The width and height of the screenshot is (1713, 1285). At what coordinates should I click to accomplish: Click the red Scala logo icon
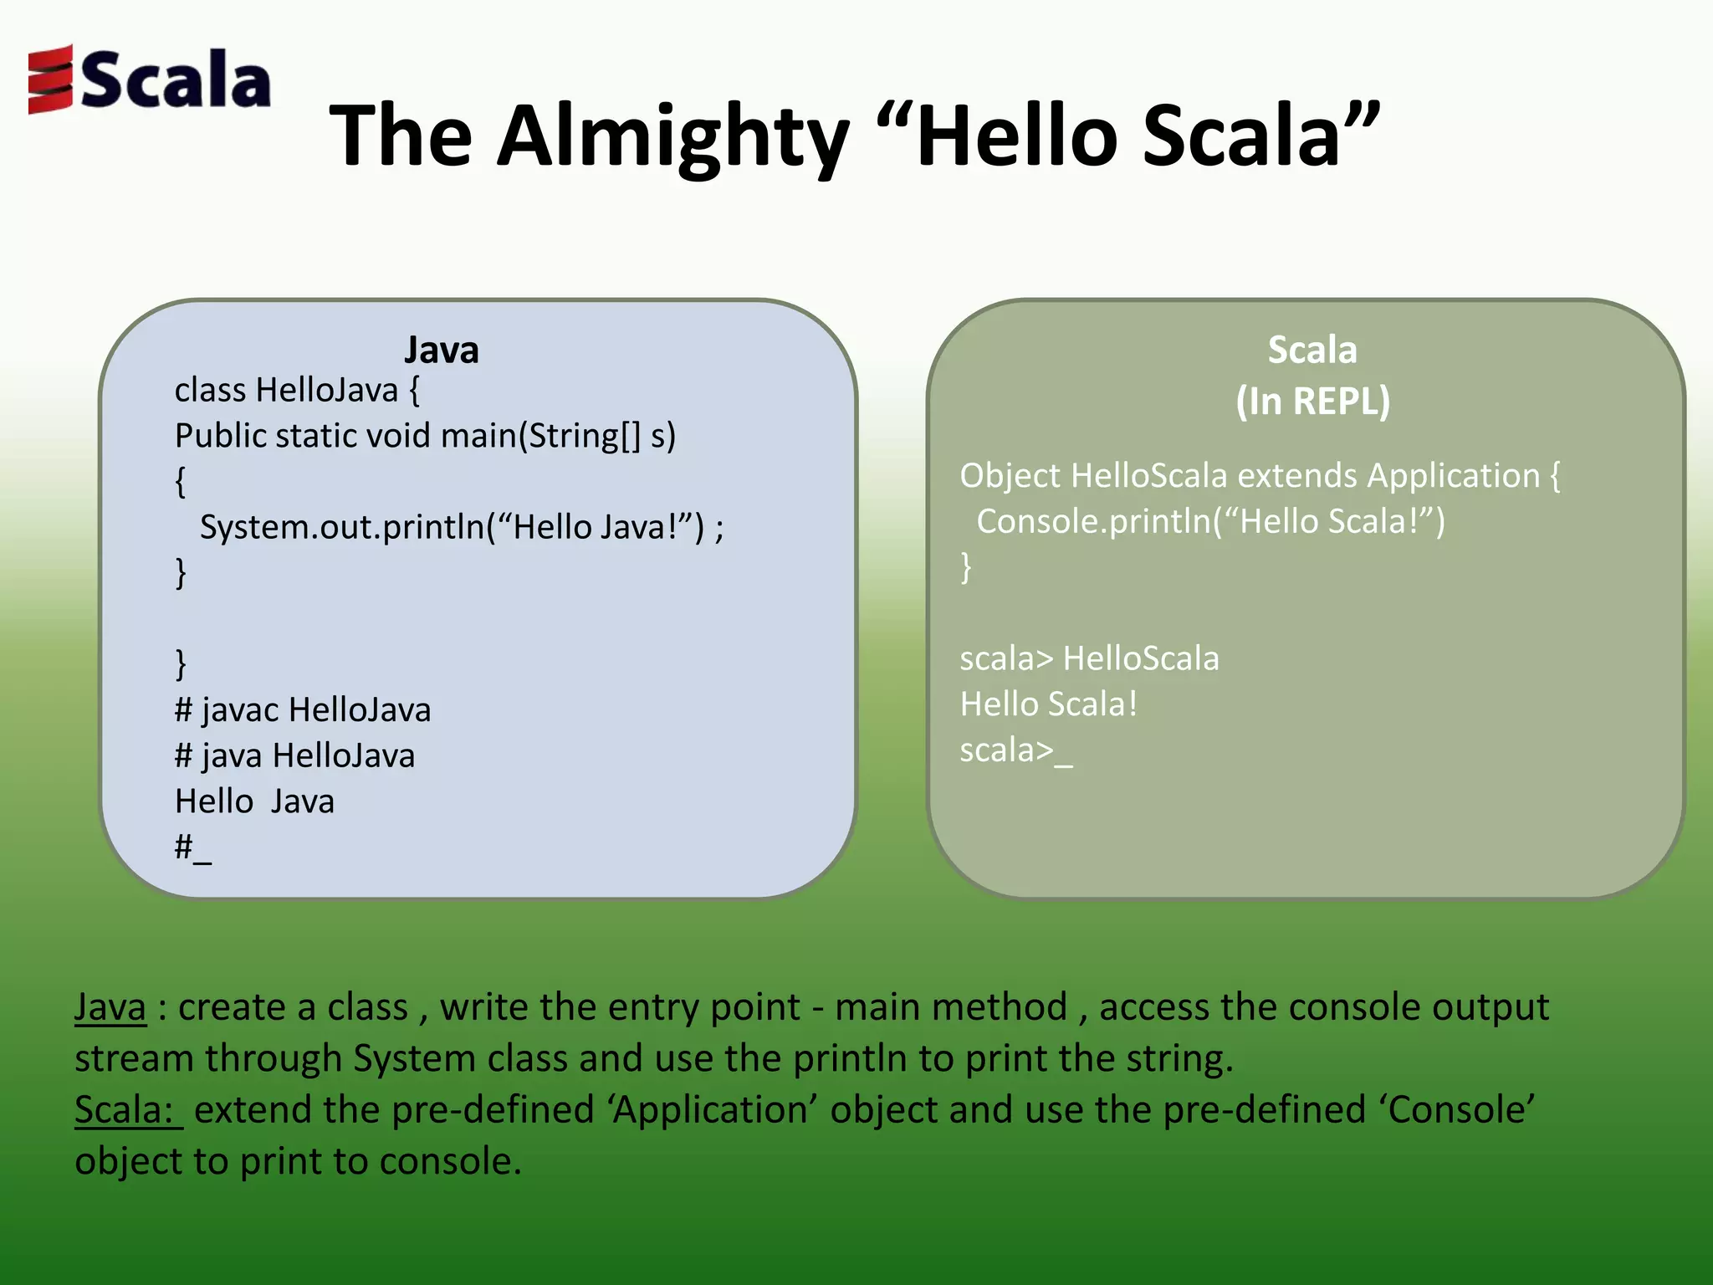50,79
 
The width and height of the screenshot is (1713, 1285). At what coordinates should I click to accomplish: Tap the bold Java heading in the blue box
441,350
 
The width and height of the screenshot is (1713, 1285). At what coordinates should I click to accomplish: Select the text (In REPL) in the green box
1312,401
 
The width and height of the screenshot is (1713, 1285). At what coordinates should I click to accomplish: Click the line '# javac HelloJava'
302,710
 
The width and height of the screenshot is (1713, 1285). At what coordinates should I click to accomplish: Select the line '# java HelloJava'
294,756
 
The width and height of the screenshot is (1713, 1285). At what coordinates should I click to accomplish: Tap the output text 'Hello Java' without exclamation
254,801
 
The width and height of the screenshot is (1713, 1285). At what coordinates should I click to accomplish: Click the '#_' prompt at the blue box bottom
192,847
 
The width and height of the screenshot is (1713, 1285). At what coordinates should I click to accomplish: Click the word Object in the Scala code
1010,476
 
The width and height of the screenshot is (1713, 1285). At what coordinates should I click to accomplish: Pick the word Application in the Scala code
1453,476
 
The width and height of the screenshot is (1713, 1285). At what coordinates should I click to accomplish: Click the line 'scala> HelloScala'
1089,659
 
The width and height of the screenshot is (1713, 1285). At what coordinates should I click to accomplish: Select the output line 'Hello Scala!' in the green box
1048,704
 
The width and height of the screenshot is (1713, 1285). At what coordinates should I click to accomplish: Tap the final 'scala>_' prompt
1015,750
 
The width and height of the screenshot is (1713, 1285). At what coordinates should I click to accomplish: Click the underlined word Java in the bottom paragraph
110,1007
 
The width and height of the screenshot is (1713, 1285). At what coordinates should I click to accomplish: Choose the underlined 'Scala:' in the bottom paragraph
127,1110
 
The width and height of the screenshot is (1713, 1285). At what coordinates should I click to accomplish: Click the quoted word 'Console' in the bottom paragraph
1456,1110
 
